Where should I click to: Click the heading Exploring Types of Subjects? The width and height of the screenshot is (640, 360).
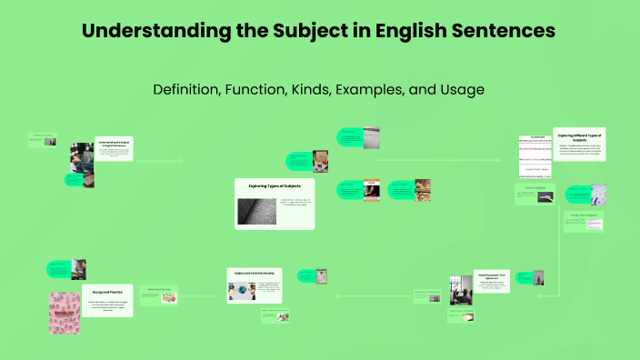pos(275,185)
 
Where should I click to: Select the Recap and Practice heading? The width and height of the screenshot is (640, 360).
pos(106,289)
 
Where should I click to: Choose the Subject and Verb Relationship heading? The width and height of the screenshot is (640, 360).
pos(255,273)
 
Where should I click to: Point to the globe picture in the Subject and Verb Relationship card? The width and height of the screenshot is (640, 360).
pos(241,289)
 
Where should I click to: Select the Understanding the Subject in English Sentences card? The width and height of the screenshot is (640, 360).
pos(114,150)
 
